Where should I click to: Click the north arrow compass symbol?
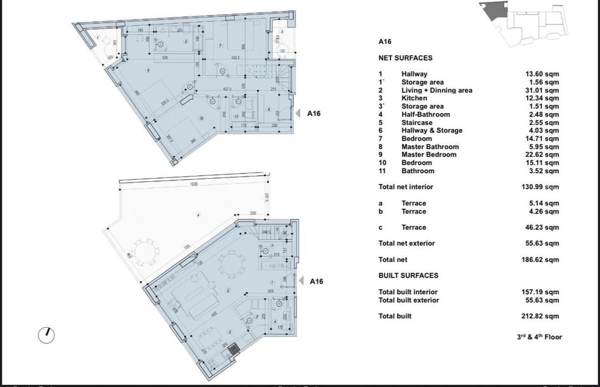click(46, 335)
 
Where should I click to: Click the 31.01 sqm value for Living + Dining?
click(542, 90)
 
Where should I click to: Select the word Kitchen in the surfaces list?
click(414, 98)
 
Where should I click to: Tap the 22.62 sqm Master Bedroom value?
click(542, 155)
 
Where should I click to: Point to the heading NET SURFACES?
click(405, 58)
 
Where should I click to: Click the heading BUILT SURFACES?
click(408, 275)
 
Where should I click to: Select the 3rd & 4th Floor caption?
click(539, 337)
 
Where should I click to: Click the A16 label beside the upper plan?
click(313, 114)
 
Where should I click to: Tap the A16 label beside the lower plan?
click(316, 281)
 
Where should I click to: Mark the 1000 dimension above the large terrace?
click(194, 184)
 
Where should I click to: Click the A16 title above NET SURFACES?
click(385, 43)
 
